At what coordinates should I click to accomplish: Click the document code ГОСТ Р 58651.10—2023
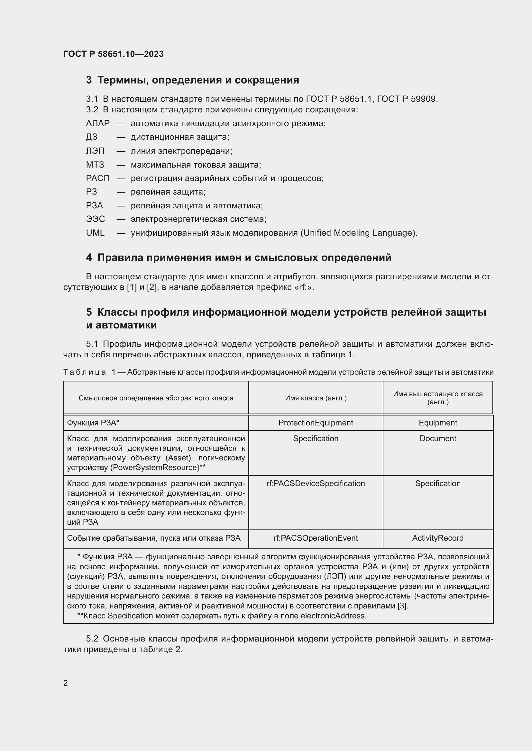[113, 54]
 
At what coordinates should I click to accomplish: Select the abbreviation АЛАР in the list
[98, 123]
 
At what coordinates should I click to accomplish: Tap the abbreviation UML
[95, 233]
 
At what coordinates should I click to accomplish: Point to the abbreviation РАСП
[98, 178]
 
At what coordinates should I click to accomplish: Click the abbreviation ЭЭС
[95, 219]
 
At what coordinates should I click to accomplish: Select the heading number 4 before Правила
[89, 258]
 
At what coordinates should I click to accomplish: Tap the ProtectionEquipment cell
[316, 423]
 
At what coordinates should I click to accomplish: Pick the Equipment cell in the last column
[438, 423]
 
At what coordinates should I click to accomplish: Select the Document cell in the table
[438, 438]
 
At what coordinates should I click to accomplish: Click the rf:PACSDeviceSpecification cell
[316, 484]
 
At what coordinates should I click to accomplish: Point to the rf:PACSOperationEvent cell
[316, 538]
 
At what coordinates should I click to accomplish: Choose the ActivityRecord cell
[438, 538]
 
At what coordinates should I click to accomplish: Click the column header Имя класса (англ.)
[316, 398]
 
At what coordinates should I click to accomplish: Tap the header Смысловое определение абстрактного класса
[156, 398]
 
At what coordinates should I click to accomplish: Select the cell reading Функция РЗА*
[93, 423]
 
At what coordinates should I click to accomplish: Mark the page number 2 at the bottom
[66, 683]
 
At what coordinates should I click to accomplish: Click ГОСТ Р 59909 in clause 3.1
[407, 99]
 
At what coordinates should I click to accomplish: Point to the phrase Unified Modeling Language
[358, 233]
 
